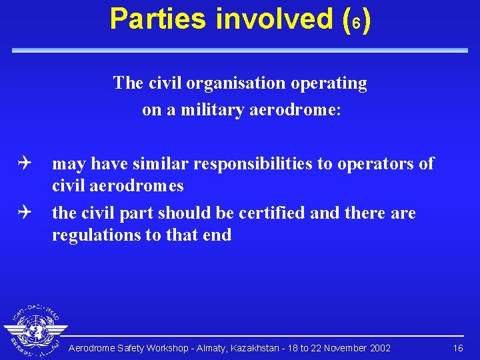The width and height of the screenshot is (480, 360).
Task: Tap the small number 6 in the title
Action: tap(357, 22)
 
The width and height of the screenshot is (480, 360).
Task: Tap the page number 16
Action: tap(458, 348)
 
